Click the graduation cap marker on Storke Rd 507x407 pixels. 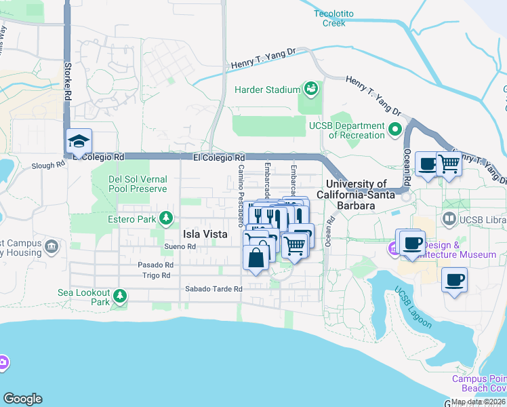pyautogui.click(x=79, y=142)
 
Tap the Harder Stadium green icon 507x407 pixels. pyautogui.click(x=311, y=89)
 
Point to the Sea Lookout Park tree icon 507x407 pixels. pyautogui.click(x=120, y=296)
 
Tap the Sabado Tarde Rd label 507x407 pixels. pyautogui.click(x=214, y=289)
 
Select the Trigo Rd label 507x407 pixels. pyautogui.click(x=156, y=275)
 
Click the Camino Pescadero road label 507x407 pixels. pyautogui.click(x=241, y=197)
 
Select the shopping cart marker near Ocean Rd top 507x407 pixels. pyautogui.click(x=449, y=163)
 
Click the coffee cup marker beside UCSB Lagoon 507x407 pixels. pyautogui.click(x=454, y=279)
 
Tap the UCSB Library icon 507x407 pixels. pyautogui.click(x=448, y=219)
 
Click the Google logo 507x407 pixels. pyautogui.click(x=22, y=399)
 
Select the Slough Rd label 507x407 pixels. pyautogui.click(x=47, y=166)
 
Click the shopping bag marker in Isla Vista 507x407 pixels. pyautogui.click(x=256, y=258)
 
